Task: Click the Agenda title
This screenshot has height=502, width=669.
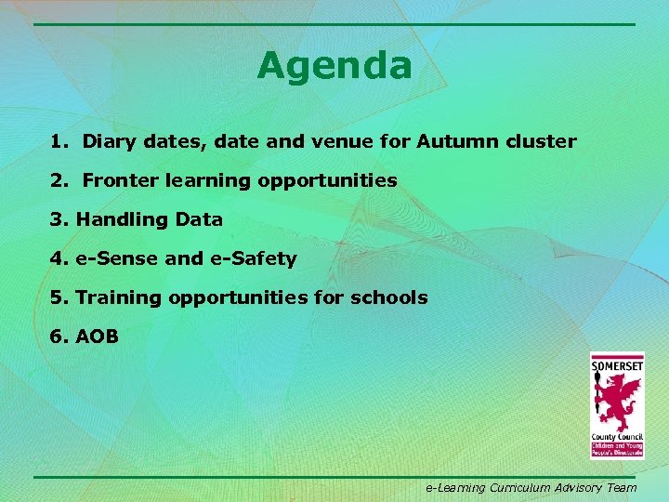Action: coord(334,66)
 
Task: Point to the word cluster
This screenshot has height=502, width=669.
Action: coord(541,142)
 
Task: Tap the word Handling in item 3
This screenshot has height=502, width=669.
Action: coord(115,220)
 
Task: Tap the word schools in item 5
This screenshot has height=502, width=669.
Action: coord(389,297)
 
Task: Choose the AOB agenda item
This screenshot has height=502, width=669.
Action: coord(97,337)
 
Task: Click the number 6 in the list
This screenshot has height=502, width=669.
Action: coord(58,337)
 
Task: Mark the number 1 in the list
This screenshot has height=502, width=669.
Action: coord(58,142)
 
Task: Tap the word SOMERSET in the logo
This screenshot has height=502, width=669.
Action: coord(617,365)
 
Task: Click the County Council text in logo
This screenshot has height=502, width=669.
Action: coord(616,437)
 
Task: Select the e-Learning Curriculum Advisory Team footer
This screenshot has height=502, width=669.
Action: coord(531,487)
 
